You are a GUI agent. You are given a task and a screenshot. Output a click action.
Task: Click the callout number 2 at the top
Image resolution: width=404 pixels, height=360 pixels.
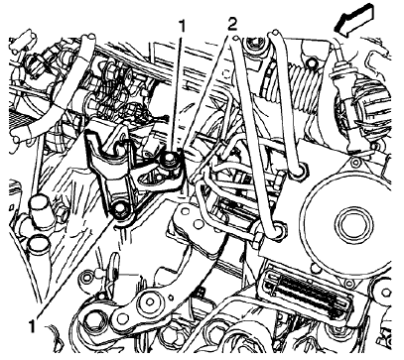click(232, 21)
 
